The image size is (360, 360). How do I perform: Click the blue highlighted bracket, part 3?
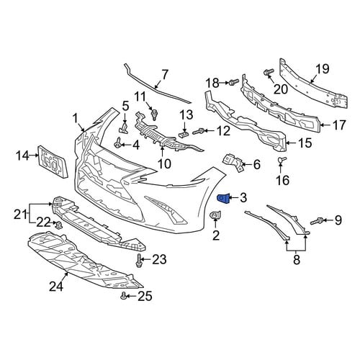[x=223, y=199]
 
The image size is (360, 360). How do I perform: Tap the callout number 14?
[x=22, y=156]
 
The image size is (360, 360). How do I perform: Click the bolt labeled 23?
[x=138, y=260]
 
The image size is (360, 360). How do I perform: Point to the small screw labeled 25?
[x=123, y=296]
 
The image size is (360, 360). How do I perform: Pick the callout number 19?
[x=323, y=69]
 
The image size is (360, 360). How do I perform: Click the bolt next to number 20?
[x=269, y=72]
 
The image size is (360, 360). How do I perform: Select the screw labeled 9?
[x=317, y=221]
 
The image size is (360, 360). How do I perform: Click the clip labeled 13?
[x=184, y=134]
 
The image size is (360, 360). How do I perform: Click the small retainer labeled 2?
[x=215, y=215]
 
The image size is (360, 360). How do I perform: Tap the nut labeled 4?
[x=117, y=144]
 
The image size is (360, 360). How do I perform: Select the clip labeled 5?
[x=124, y=128]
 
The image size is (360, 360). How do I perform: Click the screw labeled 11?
[x=154, y=114]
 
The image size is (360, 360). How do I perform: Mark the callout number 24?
[x=56, y=287]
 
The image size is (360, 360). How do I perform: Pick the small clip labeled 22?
[x=58, y=225]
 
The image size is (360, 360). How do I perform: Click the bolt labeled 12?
[x=199, y=131]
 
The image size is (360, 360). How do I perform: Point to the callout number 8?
[x=297, y=260]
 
